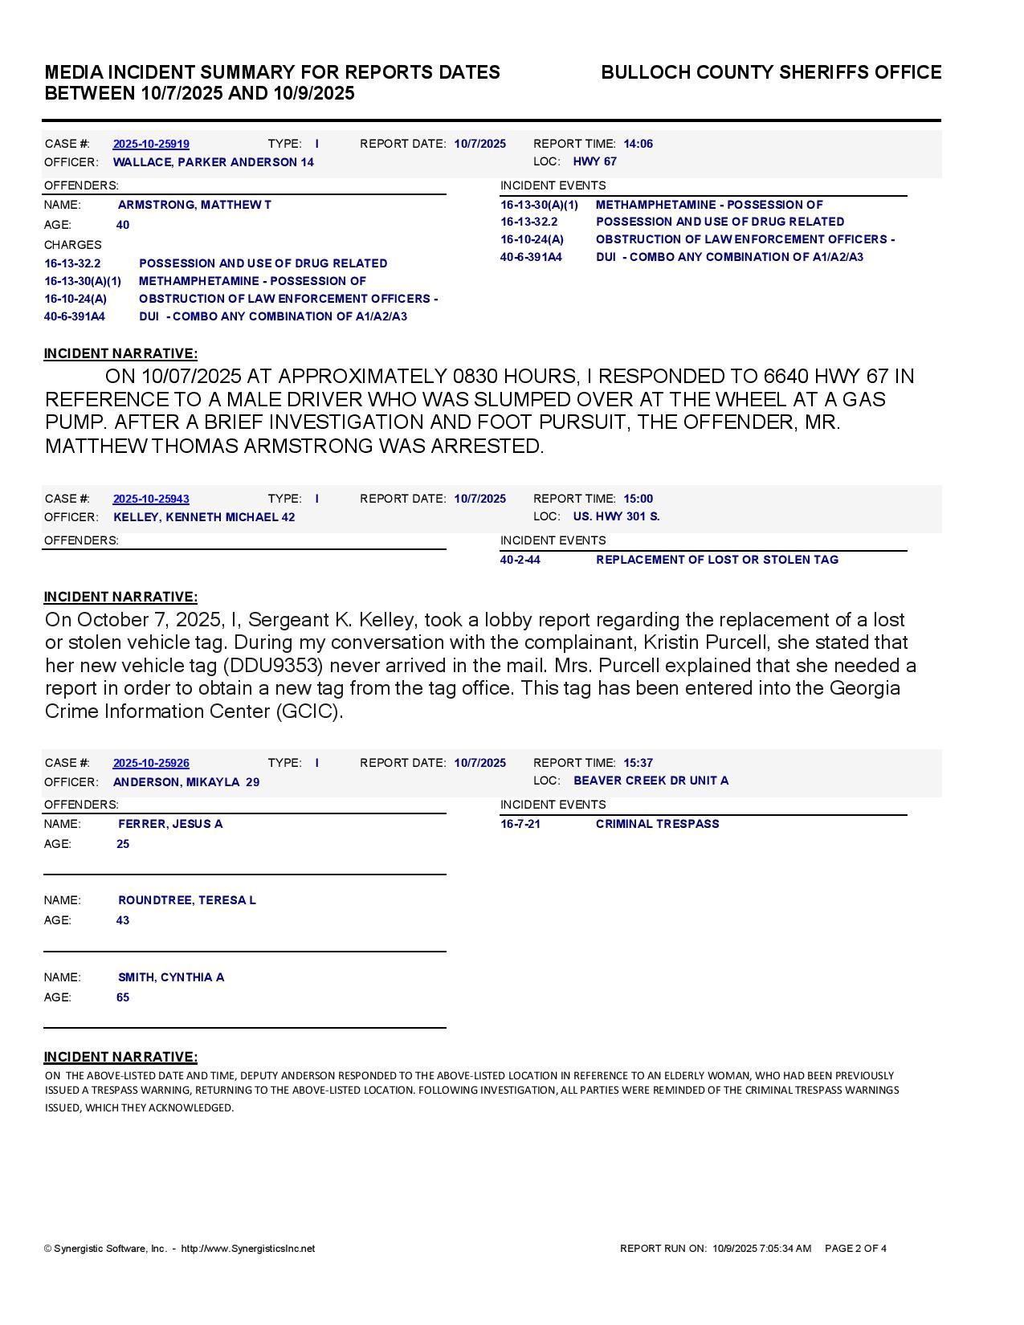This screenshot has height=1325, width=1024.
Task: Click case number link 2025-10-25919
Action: coord(151,144)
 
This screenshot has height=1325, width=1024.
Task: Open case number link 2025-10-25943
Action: coord(151,499)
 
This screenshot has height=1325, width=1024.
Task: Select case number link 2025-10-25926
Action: coord(151,763)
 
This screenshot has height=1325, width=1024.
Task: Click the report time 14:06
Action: coord(638,144)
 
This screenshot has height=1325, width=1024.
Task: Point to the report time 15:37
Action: coord(638,763)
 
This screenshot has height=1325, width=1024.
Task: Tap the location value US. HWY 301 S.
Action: coord(616,516)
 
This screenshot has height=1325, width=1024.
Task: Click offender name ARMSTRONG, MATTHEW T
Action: coord(194,205)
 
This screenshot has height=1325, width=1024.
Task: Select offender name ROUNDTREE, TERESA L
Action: coord(186,900)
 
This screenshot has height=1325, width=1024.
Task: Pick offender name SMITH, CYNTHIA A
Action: coord(171,977)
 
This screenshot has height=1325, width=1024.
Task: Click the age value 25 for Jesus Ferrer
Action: coord(123,844)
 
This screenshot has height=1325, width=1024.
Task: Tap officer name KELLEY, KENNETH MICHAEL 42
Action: coord(204,517)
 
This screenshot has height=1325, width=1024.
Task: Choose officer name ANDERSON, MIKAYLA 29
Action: coord(186,782)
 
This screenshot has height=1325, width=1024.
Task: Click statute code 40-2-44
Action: coord(520,560)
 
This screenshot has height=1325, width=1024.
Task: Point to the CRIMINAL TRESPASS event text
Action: coord(657,824)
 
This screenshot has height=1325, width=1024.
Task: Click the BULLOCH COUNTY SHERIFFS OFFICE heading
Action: coord(771,72)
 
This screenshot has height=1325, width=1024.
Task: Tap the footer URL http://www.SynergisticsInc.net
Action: coord(248,1249)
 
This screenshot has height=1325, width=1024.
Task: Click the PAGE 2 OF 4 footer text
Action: coord(855,1249)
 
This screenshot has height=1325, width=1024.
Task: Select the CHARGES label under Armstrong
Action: coord(73,245)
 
